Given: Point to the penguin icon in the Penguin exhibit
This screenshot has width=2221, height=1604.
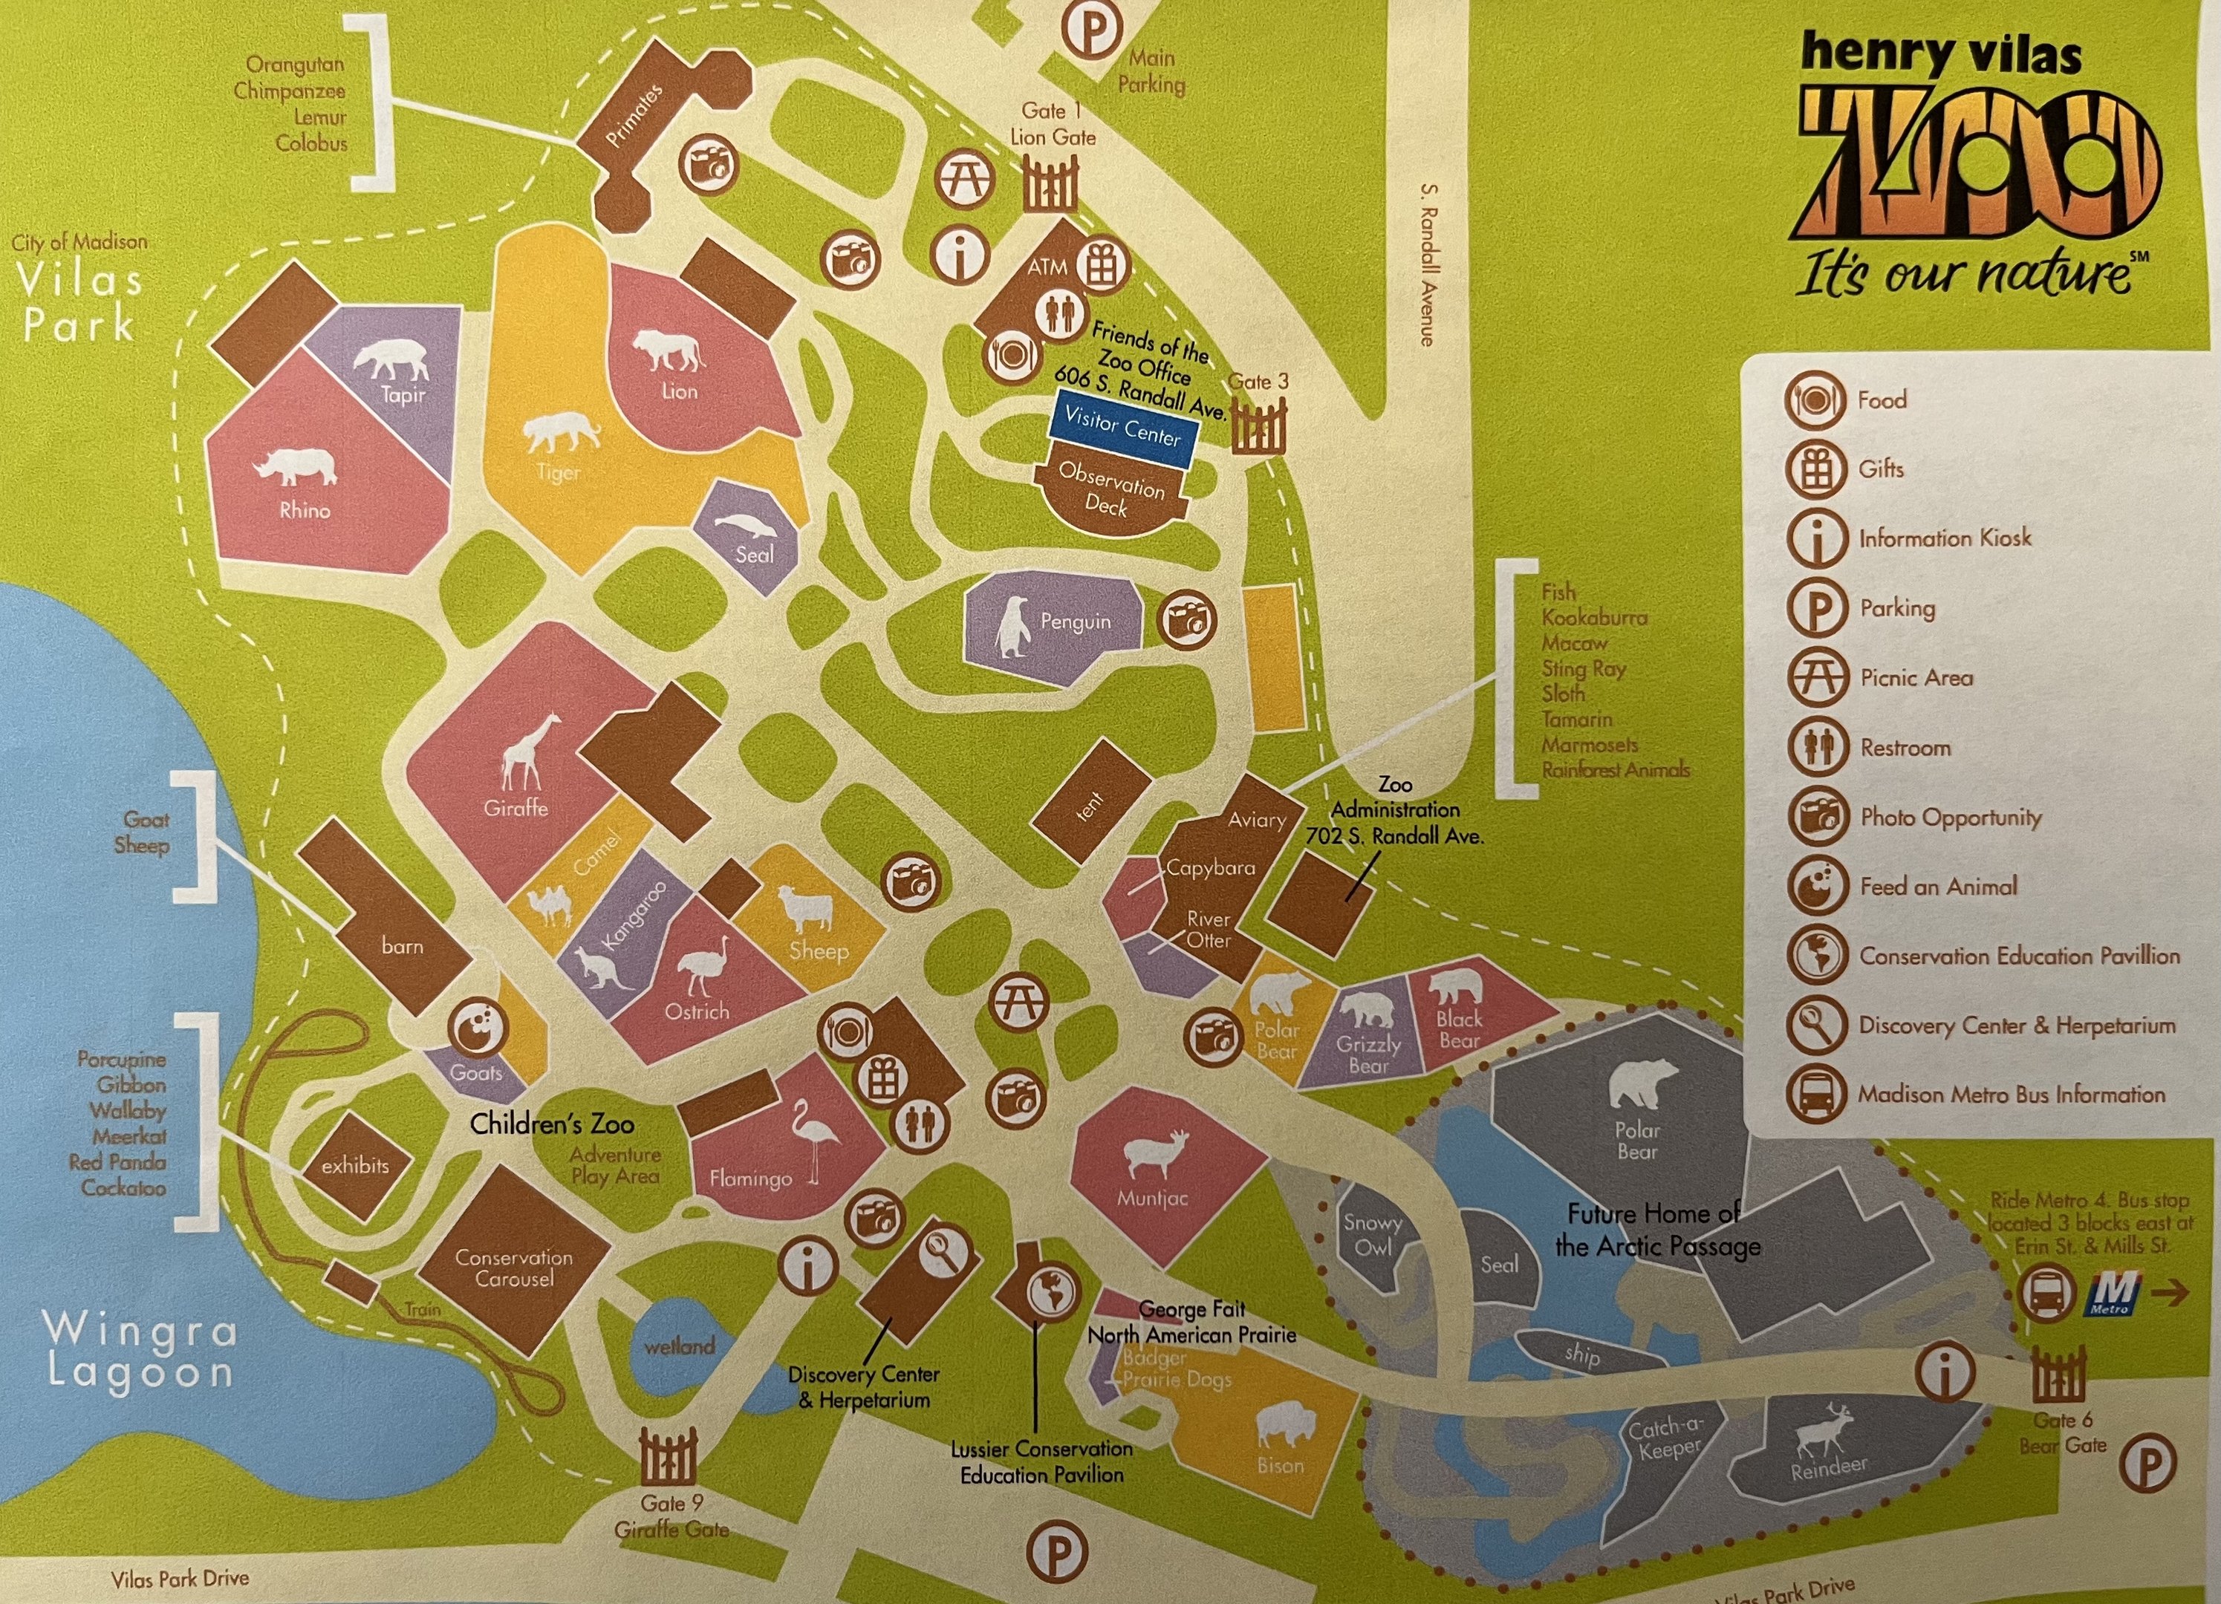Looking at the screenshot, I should (x=1013, y=627).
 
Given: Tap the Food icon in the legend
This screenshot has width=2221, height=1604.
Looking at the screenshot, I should (x=1815, y=400).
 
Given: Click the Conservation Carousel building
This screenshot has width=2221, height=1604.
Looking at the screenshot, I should (x=514, y=1266).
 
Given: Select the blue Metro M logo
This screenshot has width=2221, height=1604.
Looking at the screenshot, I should (x=2113, y=1294).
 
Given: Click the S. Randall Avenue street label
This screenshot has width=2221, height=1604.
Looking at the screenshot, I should (x=1428, y=264).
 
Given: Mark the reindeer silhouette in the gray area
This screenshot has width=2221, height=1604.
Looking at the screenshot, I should (x=1822, y=1432).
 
